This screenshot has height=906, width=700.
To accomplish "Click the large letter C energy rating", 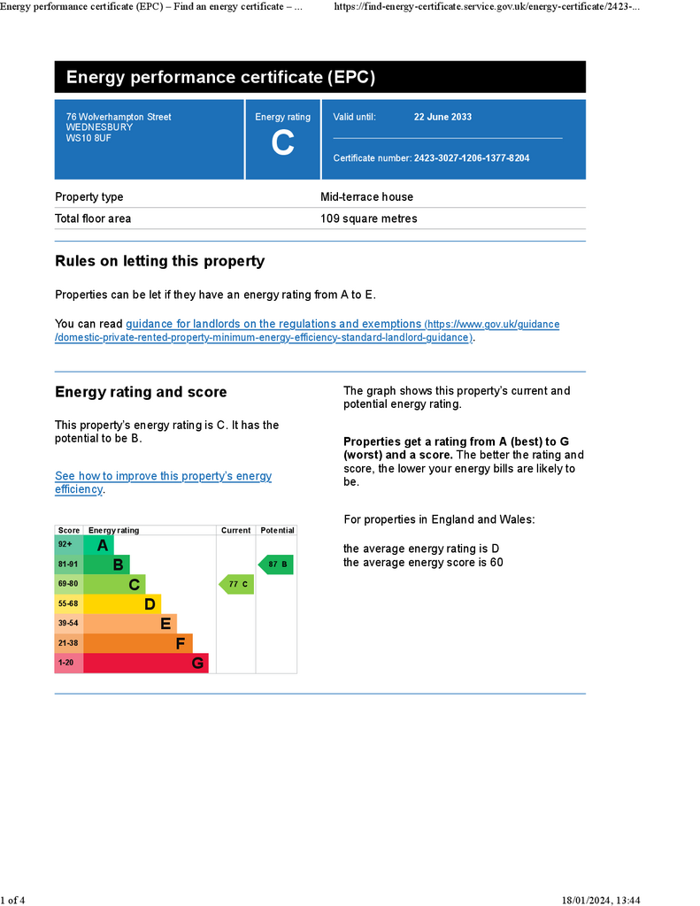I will (282, 143).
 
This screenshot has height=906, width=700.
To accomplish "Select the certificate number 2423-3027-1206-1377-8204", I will (472, 158).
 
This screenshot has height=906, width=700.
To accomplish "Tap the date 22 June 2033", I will (442, 117).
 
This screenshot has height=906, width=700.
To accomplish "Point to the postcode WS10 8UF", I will (88, 138).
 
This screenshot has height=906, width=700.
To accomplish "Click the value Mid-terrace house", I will (366, 197).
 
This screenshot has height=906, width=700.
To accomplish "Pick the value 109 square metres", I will (368, 219).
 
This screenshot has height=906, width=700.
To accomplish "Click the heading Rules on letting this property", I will (159, 261).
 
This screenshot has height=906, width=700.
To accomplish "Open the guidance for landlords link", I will (273, 325).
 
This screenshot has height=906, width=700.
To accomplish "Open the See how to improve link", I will (163, 476).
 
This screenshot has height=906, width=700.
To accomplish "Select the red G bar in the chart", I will (146, 663).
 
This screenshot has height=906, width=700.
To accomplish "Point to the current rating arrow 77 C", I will (236, 584).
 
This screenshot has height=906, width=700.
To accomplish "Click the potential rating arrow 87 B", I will (275, 564).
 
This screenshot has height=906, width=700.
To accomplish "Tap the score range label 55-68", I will (68, 604).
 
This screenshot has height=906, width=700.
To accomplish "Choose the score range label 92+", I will (66, 545).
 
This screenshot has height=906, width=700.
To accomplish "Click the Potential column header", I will (277, 531).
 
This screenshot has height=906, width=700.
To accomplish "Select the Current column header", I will (235, 531).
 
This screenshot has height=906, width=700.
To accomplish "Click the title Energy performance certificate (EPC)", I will (220, 78).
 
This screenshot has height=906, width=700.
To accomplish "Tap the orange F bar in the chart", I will (137, 643).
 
